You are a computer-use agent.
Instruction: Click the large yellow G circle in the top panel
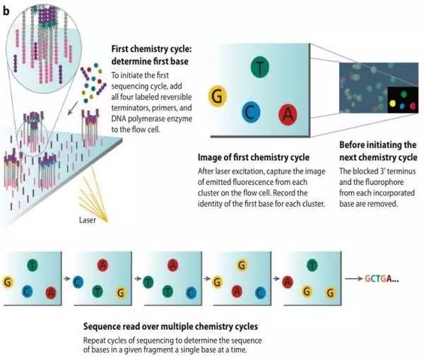pos(218,97)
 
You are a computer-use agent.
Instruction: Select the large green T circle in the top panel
pos(260,68)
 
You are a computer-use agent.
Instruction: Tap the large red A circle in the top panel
pos(287,112)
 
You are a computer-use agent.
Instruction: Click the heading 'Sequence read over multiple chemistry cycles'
pos(170,328)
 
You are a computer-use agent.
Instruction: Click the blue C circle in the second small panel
pos(78,280)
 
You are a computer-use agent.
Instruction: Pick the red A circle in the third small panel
pos(172,264)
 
